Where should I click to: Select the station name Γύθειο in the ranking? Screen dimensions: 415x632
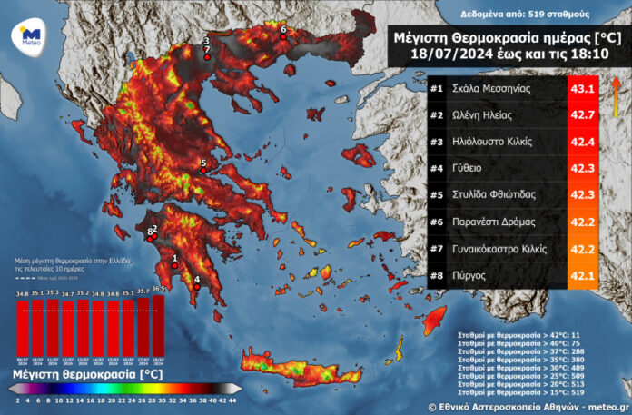pyautogui.click(x=472, y=168)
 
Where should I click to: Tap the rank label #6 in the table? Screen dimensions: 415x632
pyautogui.click(x=437, y=221)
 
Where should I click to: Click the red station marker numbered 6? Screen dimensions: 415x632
pyautogui.click(x=282, y=38)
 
